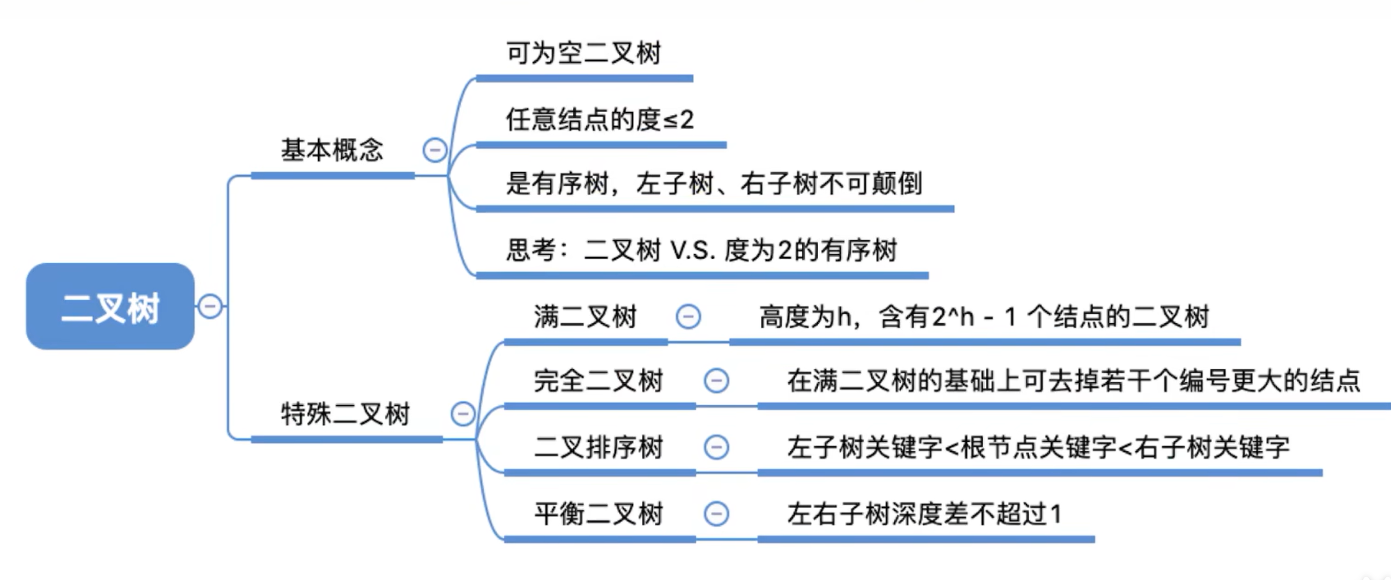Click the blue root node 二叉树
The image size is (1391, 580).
(110, 306)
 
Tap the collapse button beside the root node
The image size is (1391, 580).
(210, 306)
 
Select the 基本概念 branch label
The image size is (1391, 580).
(331, 150)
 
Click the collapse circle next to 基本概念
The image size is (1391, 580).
(434, 150)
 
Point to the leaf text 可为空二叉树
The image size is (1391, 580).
(584, 53)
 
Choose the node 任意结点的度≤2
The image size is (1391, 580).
(599, 119)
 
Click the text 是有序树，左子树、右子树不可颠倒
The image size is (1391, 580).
(714, 183)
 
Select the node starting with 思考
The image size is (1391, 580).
(701, 250)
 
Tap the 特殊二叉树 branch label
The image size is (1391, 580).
(345, 414)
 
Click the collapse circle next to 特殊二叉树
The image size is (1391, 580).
(463, 414)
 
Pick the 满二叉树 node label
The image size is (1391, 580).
(585, 317)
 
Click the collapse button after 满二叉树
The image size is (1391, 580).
(689, 317)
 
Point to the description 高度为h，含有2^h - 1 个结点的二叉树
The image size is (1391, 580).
(984, 317)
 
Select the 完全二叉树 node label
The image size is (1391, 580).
(598, 381)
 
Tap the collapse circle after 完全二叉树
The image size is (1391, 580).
(717, 381)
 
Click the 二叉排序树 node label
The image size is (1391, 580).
(598, 447)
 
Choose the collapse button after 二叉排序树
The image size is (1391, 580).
(717, 447)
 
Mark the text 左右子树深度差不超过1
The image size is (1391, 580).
(924, 513)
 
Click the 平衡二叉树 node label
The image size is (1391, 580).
(598, 513)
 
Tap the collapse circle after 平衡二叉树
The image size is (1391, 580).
(717, 513)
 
